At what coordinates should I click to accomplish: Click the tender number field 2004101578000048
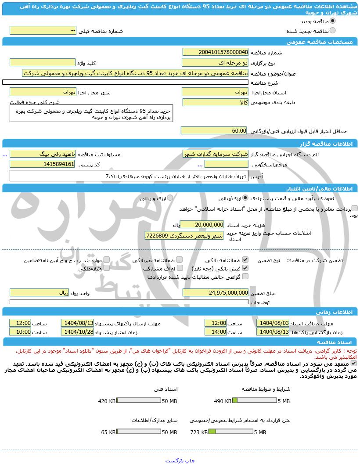215,52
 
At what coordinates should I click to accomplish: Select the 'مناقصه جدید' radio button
332,21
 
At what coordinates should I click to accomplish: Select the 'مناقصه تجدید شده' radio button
332,30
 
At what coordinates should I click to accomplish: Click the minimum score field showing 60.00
215,131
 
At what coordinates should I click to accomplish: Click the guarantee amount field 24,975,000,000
215,292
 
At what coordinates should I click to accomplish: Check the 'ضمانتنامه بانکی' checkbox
245,260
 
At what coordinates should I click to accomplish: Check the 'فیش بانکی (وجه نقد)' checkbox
245,268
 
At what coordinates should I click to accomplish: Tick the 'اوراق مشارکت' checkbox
180,268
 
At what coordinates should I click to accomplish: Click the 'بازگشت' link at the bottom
174,461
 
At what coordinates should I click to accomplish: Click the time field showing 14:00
216,332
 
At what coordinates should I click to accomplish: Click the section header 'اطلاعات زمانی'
338,312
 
